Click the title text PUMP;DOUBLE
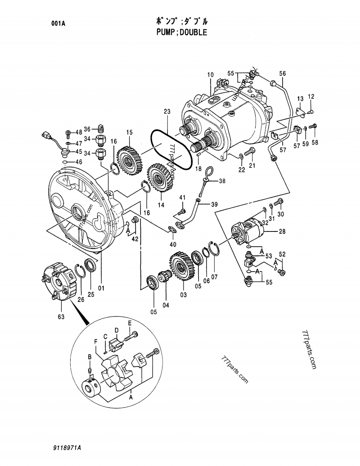tap(180, 32)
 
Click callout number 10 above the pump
tap(210, 74)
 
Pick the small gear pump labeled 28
tap(248, 231)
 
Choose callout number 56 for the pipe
tap(282, 73)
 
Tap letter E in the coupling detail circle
tap(129, 323)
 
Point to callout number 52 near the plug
tap(282, 254)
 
